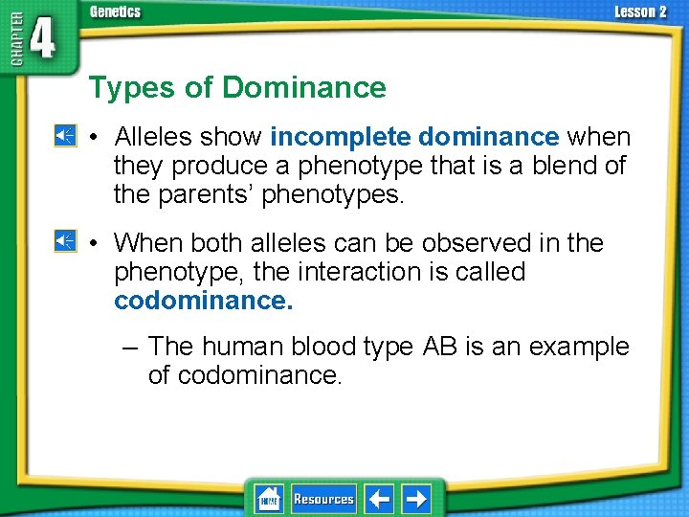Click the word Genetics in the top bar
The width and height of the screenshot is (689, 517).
[115, 12]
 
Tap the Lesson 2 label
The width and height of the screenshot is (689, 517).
[640, 12]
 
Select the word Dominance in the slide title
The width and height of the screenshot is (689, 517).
[304, 88]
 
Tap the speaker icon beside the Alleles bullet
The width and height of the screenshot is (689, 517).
[65, 137]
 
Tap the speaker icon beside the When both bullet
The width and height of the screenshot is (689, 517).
[65, 242]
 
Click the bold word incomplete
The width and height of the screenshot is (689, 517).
[341, 137]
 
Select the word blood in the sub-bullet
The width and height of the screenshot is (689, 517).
[303, 347]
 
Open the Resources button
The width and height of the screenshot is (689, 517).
[323, 499]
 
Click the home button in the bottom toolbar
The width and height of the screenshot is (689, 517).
[268, 499]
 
